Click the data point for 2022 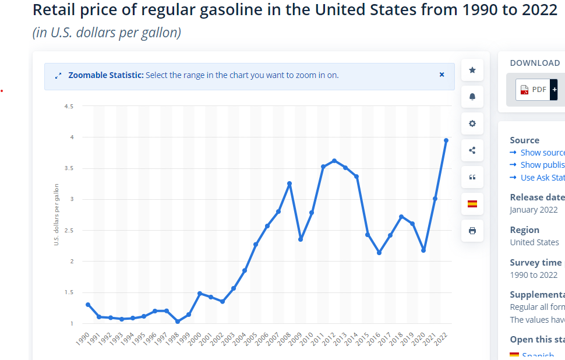tap(446, 140)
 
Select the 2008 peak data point tap(289, 183)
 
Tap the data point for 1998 tap(177, 322)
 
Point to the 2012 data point tap(334, 161)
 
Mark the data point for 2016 tap(379, 253)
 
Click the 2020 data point tap(423, 250)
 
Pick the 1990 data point tap(88, 305)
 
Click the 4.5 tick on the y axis tap(69, 107)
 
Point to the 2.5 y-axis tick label tap(69, 231)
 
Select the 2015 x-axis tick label tap(363, 338)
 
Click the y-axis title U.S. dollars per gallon tap(57, 214)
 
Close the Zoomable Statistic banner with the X tap(442, 75)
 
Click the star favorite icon tap(472, 70)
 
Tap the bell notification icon tap(472, 97)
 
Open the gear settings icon tap(472, 123)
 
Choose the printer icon tap(472, 231)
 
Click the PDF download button tap(533, 90)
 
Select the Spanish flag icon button tap(472, 204)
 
